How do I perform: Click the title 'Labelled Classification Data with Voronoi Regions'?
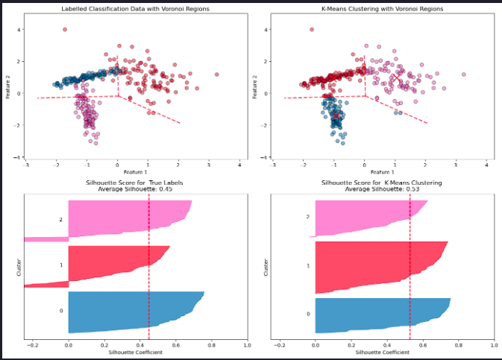125,9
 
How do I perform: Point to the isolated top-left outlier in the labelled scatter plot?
65,29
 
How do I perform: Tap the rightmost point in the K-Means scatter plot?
463,75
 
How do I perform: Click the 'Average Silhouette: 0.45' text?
135,189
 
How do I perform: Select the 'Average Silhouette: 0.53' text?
381,189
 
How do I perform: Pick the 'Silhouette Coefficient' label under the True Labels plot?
135,353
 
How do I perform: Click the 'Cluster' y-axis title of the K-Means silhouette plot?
267,268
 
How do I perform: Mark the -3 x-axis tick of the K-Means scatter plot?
272,164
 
